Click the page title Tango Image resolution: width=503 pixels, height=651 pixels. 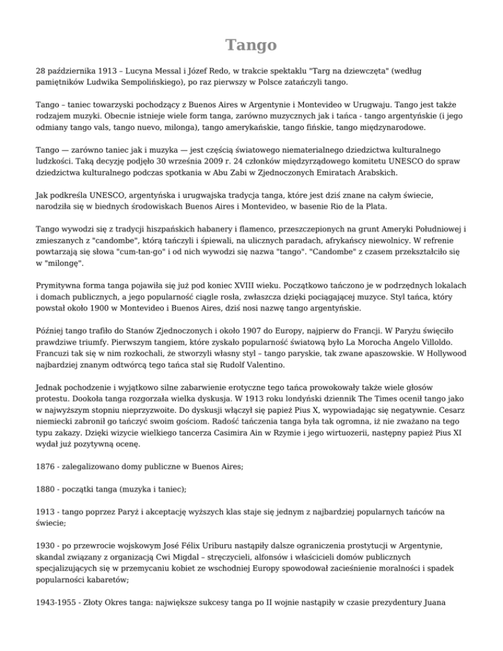pyautogui.click(x=251, y=45)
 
